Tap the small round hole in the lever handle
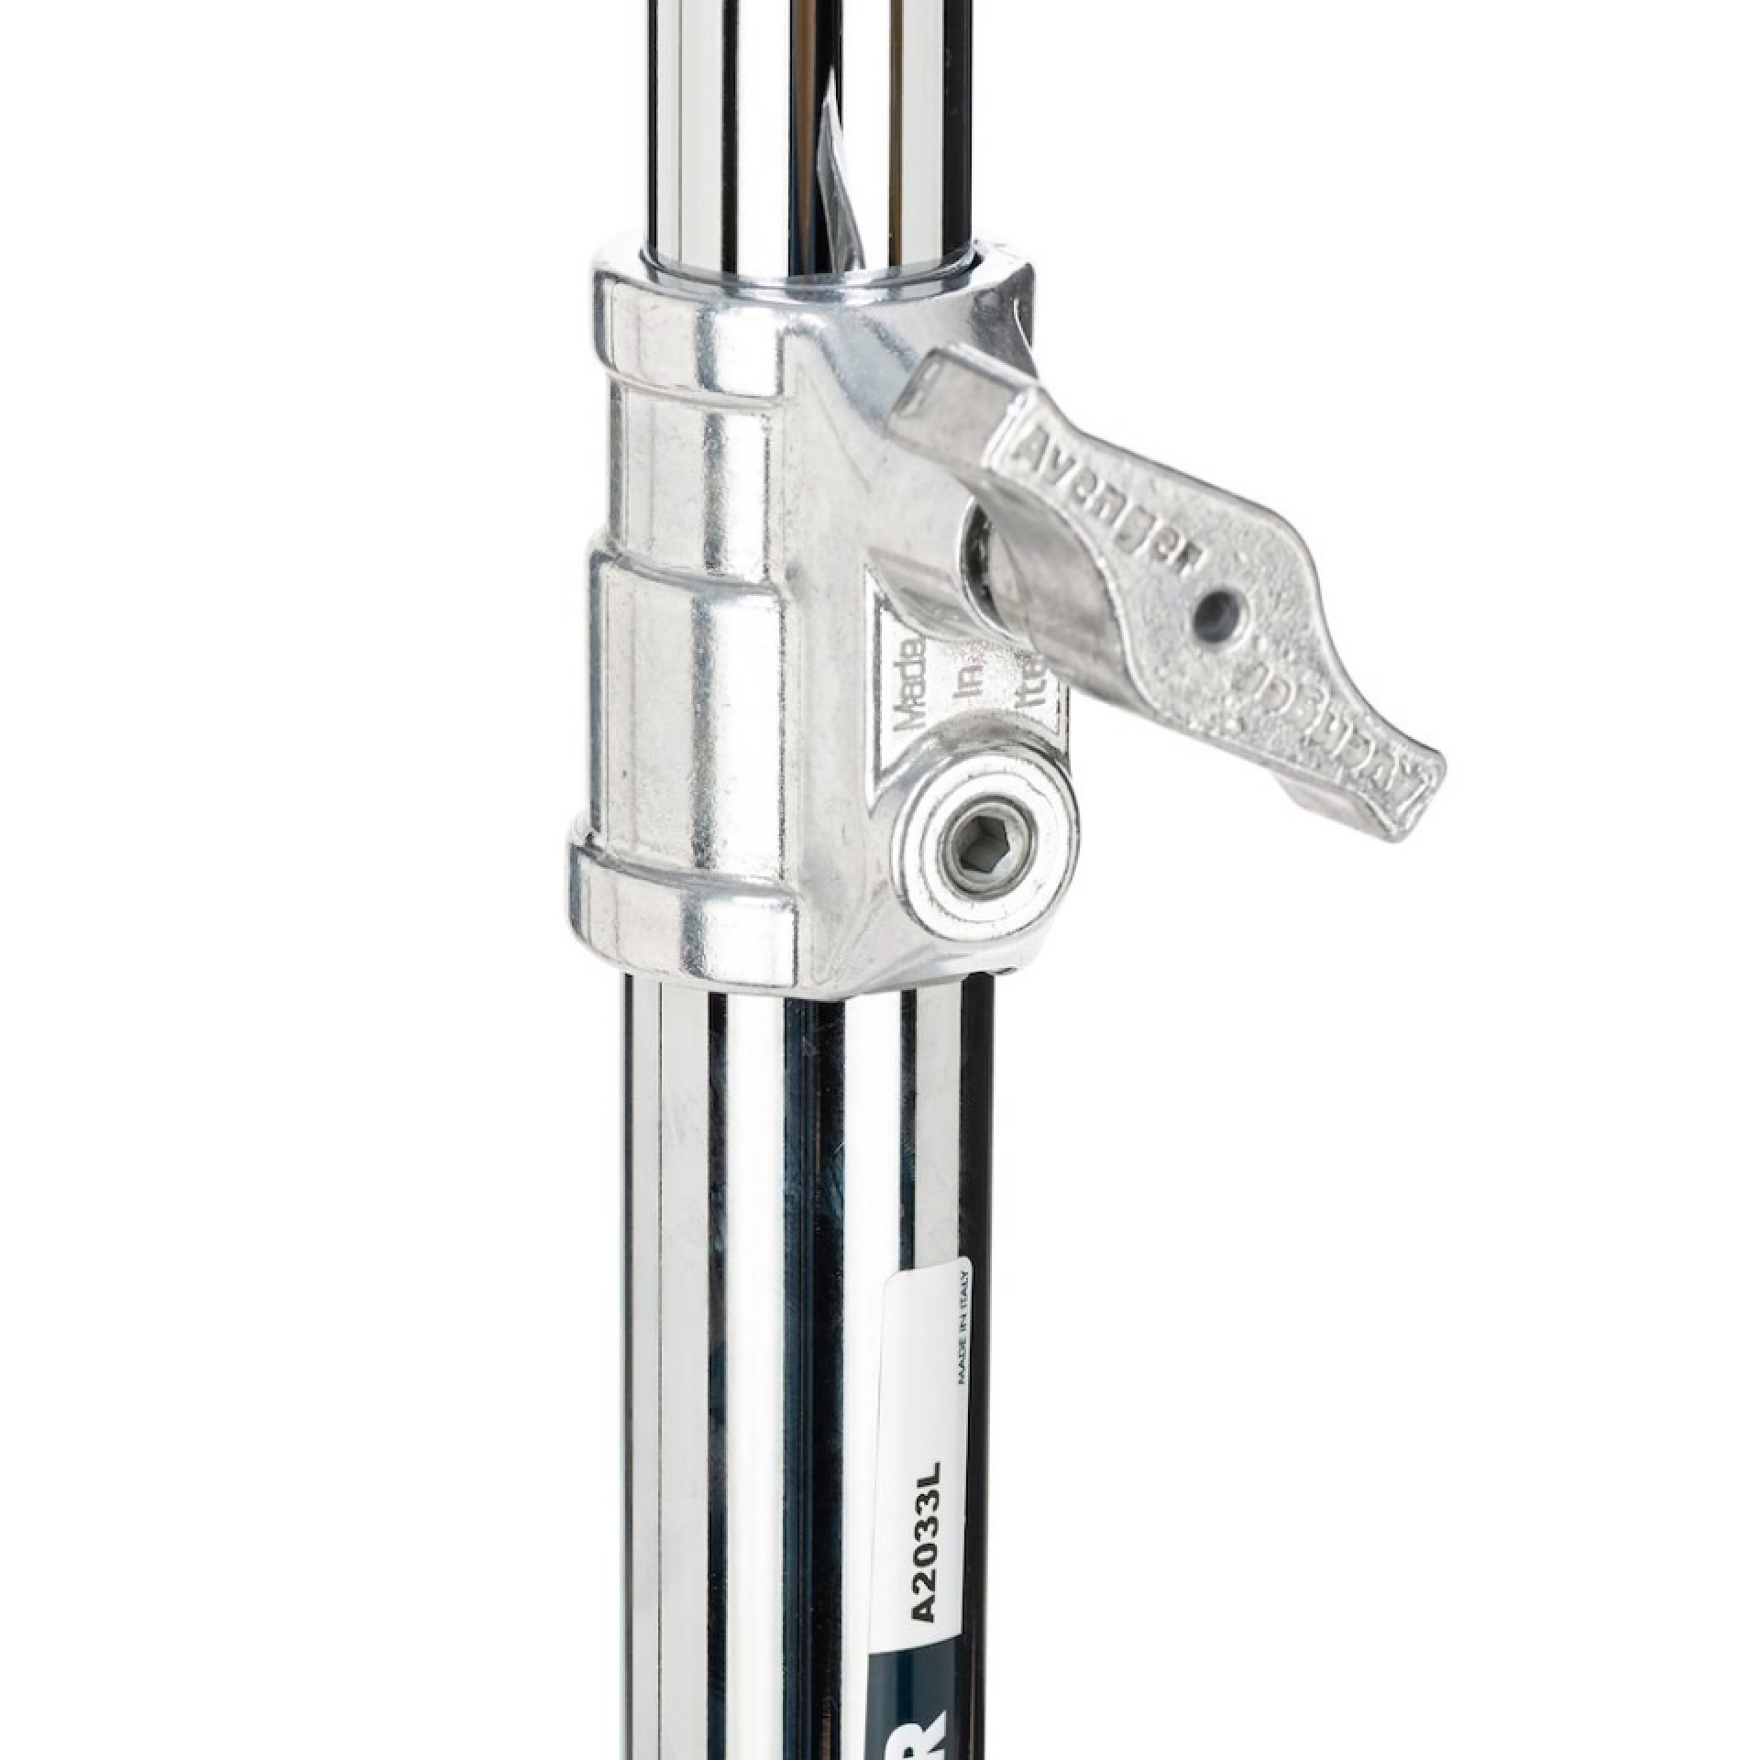pos(1216,603)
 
